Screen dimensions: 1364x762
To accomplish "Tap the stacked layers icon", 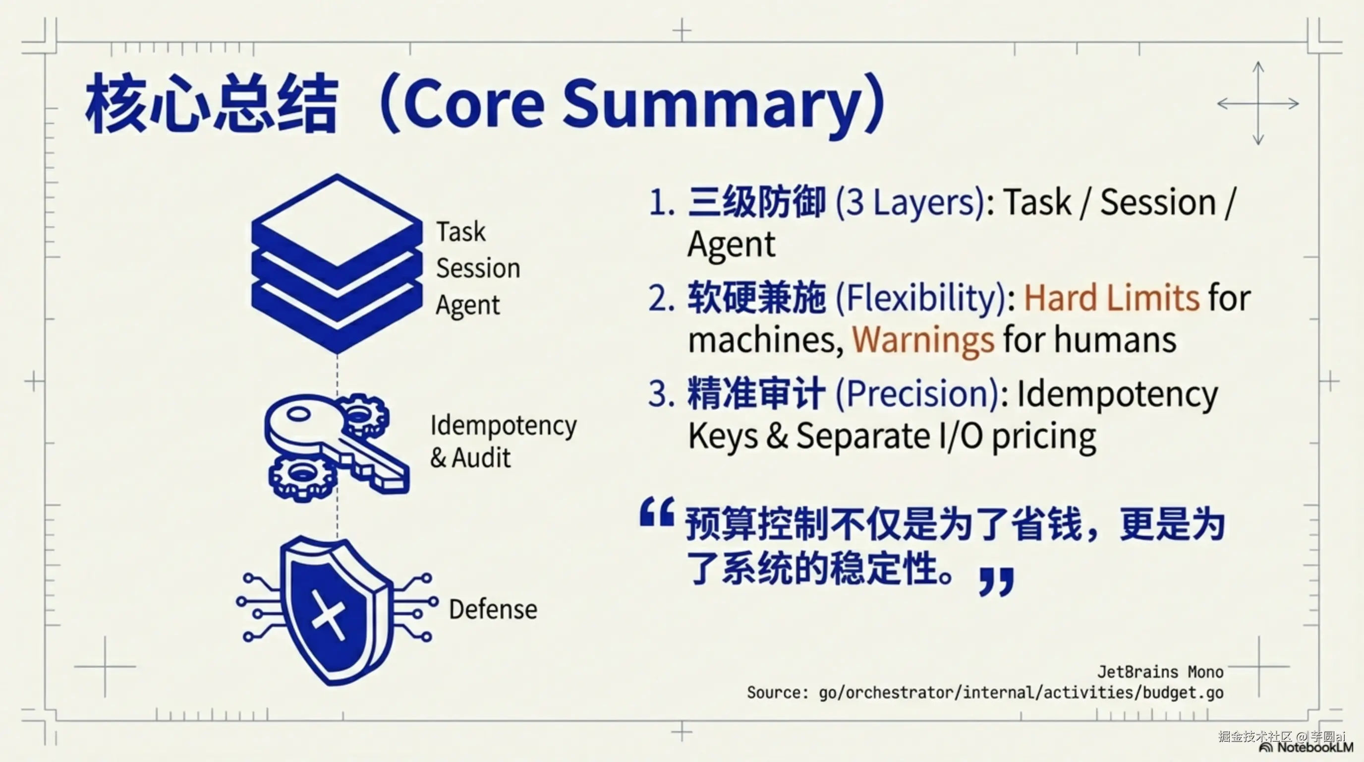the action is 337,263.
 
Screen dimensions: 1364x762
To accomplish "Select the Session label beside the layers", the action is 478,267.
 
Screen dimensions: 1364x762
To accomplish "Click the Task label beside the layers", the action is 460,232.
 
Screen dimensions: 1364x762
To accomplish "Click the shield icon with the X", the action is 337,611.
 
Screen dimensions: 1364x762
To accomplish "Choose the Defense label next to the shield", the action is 493,609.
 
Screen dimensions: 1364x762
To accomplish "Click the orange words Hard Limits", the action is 1111,297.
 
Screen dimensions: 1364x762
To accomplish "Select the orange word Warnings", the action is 923,340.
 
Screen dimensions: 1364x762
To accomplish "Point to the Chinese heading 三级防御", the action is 757,202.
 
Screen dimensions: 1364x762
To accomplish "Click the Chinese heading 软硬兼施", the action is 757,297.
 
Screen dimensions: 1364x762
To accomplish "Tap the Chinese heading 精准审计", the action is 757,393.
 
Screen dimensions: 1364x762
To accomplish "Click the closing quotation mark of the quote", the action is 997,582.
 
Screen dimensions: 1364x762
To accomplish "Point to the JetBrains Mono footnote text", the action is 1160,672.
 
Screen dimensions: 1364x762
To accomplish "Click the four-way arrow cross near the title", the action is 1258,103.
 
